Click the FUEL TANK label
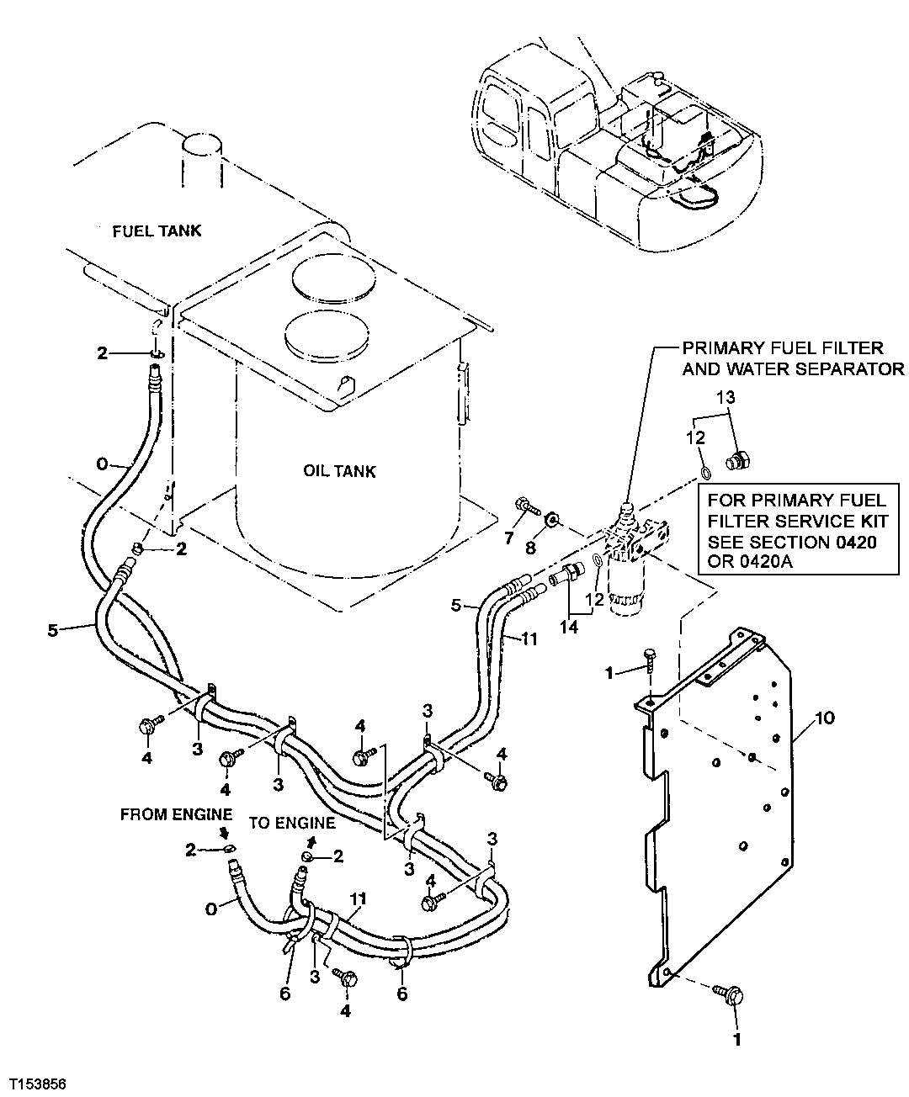(157, 231)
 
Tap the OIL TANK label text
(339, 471)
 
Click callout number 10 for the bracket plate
(825, 719)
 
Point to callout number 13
(726, 397)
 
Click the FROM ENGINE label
(176, 814)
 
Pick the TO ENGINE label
(292, 823)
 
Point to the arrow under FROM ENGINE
(226, 834)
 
